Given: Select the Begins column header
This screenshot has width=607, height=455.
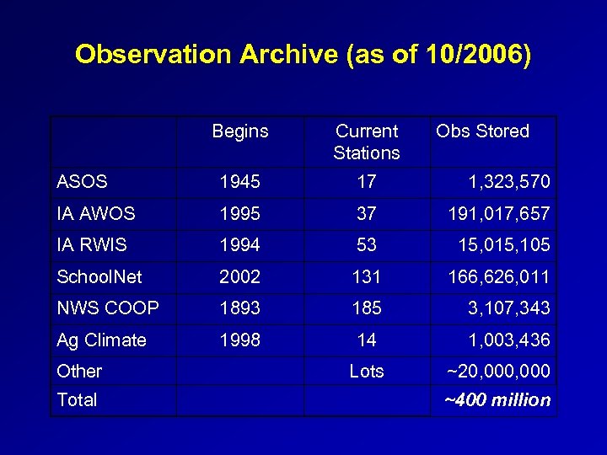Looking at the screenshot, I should pyautogui.click(x=240, y=131).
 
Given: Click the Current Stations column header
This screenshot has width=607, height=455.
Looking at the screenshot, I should pyautogui.click(x=367, y=142).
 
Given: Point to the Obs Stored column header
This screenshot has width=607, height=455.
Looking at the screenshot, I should pyautogui.click(x=482, y=131).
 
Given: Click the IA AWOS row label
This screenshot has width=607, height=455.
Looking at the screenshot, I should pyautogui.click(x=95, y=213).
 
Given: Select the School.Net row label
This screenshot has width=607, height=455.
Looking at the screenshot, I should pyautogui.click(x=99, y=276).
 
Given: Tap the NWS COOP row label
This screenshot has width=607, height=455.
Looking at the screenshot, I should pyautogui.click(x=107, y=308).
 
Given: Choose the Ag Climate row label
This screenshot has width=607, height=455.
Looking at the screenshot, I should pyautogui.click(x=101, y=340).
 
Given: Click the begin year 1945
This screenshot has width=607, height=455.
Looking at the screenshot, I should pyautogui.click(x=240, y=181).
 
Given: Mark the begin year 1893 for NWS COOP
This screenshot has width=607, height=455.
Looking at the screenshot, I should pyautogui.click(x=240, y=308).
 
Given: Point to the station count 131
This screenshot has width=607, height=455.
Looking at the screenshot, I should pyautogui.click(x=367, y=276).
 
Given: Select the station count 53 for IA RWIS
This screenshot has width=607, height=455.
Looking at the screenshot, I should pyautogui.click(x=367, y=244).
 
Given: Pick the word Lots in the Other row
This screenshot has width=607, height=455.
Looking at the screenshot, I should pyautogui.click(x=367, y=371).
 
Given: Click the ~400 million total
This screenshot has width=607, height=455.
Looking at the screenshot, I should pyautogui.click(x=497, y=400).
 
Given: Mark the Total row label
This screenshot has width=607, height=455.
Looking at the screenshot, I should pyautogui.click(x=77, y=400).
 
